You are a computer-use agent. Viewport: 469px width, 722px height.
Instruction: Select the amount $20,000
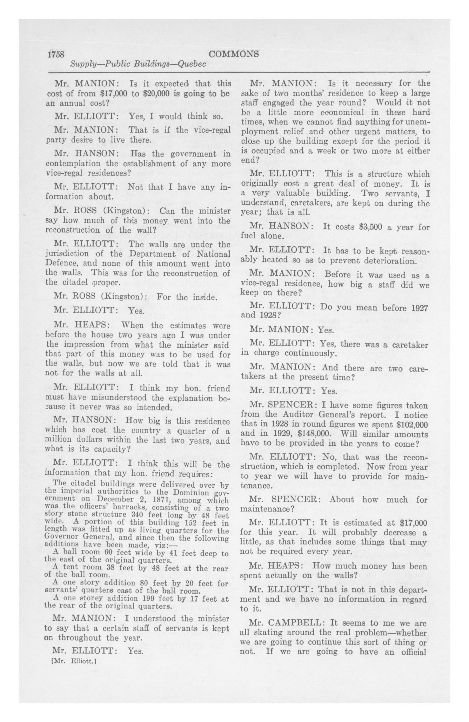pyautogui.click(x=134, y=93)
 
